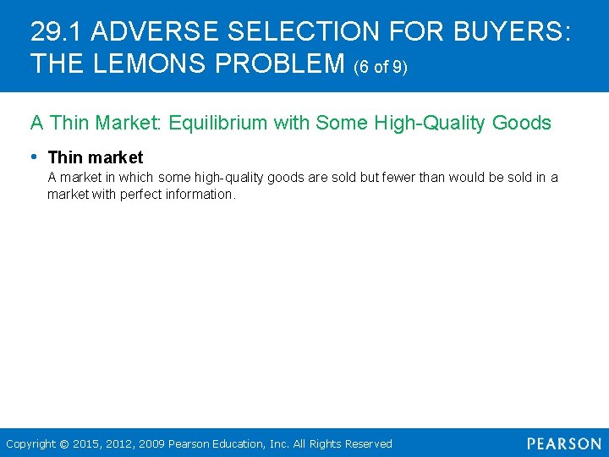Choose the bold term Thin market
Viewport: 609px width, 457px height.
tap(96, 157)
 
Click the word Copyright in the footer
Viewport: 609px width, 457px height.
tap(30, 443)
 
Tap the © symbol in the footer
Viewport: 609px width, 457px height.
tap(63, 443)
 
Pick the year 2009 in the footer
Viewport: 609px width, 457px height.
tap(153, 443)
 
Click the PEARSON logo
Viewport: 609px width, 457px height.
tap(563, 443)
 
